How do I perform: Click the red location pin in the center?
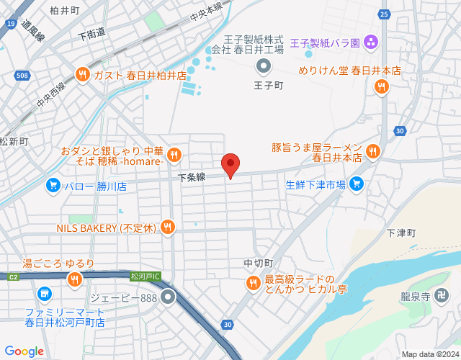click(230, 165)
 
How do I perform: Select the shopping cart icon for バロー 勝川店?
click(53, 186)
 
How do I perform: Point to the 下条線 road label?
click(192, 176)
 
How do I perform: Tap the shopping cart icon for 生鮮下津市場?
click(356, 185)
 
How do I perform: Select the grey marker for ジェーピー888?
click(169, 296)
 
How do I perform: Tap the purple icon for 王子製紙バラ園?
click(371, 43)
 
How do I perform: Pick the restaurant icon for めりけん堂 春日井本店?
click(381, 86)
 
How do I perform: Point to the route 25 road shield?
click(384, 14)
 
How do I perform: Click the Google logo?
click(24, 351)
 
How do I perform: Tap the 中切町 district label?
click(259, 263)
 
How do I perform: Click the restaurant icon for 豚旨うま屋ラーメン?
click(372, 151)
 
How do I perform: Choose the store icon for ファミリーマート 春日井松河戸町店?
click(45, 294)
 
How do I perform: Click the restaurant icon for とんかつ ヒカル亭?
click(253, 284)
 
